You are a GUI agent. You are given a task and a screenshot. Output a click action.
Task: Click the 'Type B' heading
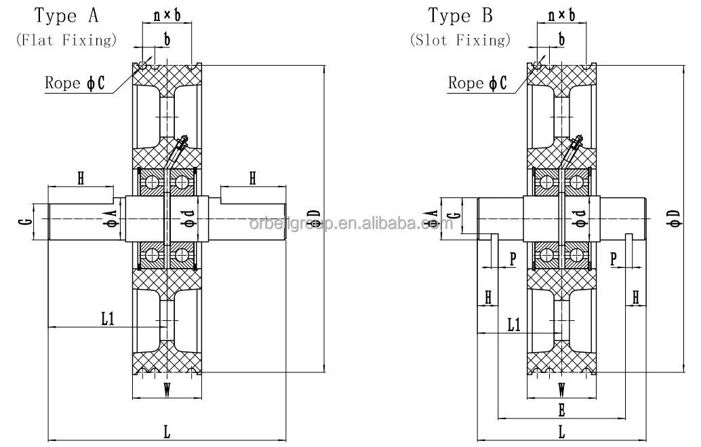(x=460, y=15)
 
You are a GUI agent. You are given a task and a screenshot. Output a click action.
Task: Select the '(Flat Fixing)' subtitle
(x=66, y=40)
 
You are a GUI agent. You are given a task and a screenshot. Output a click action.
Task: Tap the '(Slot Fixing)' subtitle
(x=460, y=40)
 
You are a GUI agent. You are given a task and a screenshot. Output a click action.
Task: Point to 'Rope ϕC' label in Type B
(x=477, y=83)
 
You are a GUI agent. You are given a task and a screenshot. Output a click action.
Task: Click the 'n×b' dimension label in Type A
(x=165, y=14)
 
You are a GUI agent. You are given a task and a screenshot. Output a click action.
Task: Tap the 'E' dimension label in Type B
(x=561, y=409)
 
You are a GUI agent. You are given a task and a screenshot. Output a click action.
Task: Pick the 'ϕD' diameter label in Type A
(x=314, y=217)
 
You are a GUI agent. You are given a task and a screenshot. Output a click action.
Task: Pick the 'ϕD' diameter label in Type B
(x=673, y=217)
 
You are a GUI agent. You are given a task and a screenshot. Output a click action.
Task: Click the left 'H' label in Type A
(x=80, y=178)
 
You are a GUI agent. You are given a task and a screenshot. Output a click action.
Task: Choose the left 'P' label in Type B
(x=512, y=258)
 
